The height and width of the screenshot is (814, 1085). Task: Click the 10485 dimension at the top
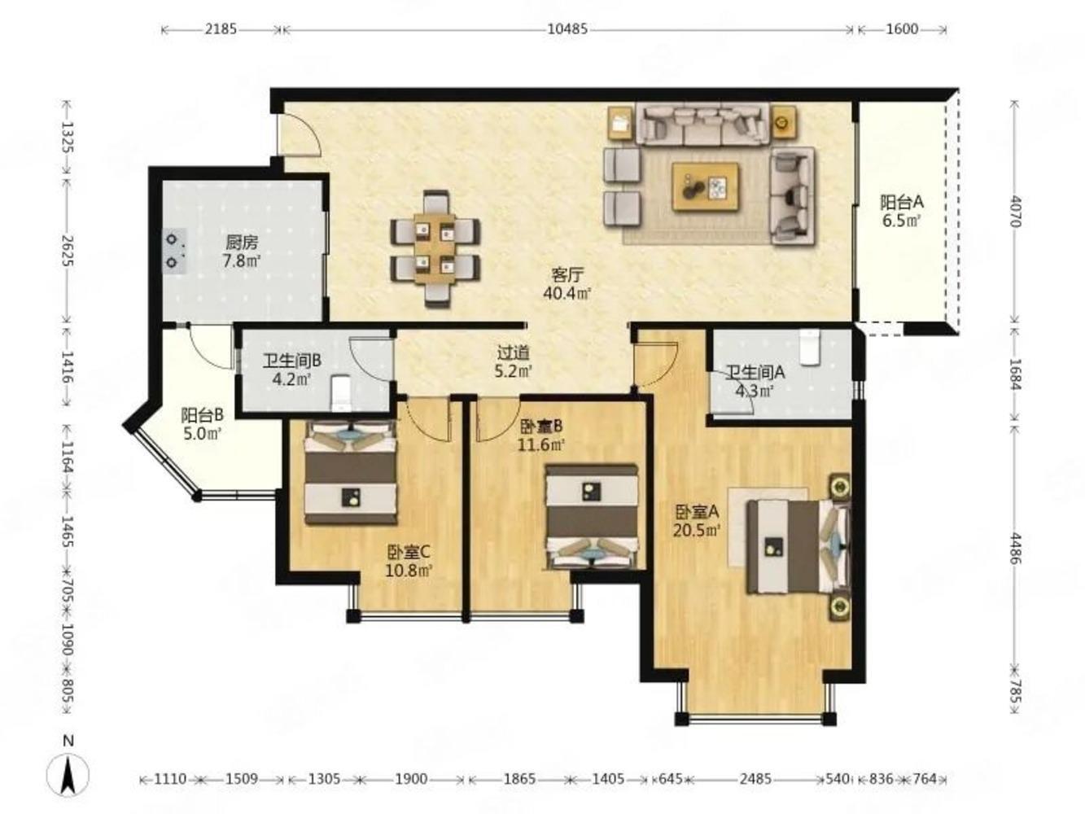point(567,29)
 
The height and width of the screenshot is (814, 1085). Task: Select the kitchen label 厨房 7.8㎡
point(242,252)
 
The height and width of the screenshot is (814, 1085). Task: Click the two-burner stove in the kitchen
point(175,251)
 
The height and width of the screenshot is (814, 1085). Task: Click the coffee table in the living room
point(706,187)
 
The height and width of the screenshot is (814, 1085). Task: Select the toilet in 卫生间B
point(340,393)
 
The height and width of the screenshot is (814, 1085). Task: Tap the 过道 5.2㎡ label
point(513,361)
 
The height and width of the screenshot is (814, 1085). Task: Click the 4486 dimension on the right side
point(1014,548)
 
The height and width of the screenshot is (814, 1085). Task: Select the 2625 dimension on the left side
point(68,250)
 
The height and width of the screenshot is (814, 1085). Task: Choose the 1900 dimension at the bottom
point(411,779)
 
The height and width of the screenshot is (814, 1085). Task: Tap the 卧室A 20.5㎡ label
point(696,520)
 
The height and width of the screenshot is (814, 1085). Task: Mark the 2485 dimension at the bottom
point(755,779)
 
